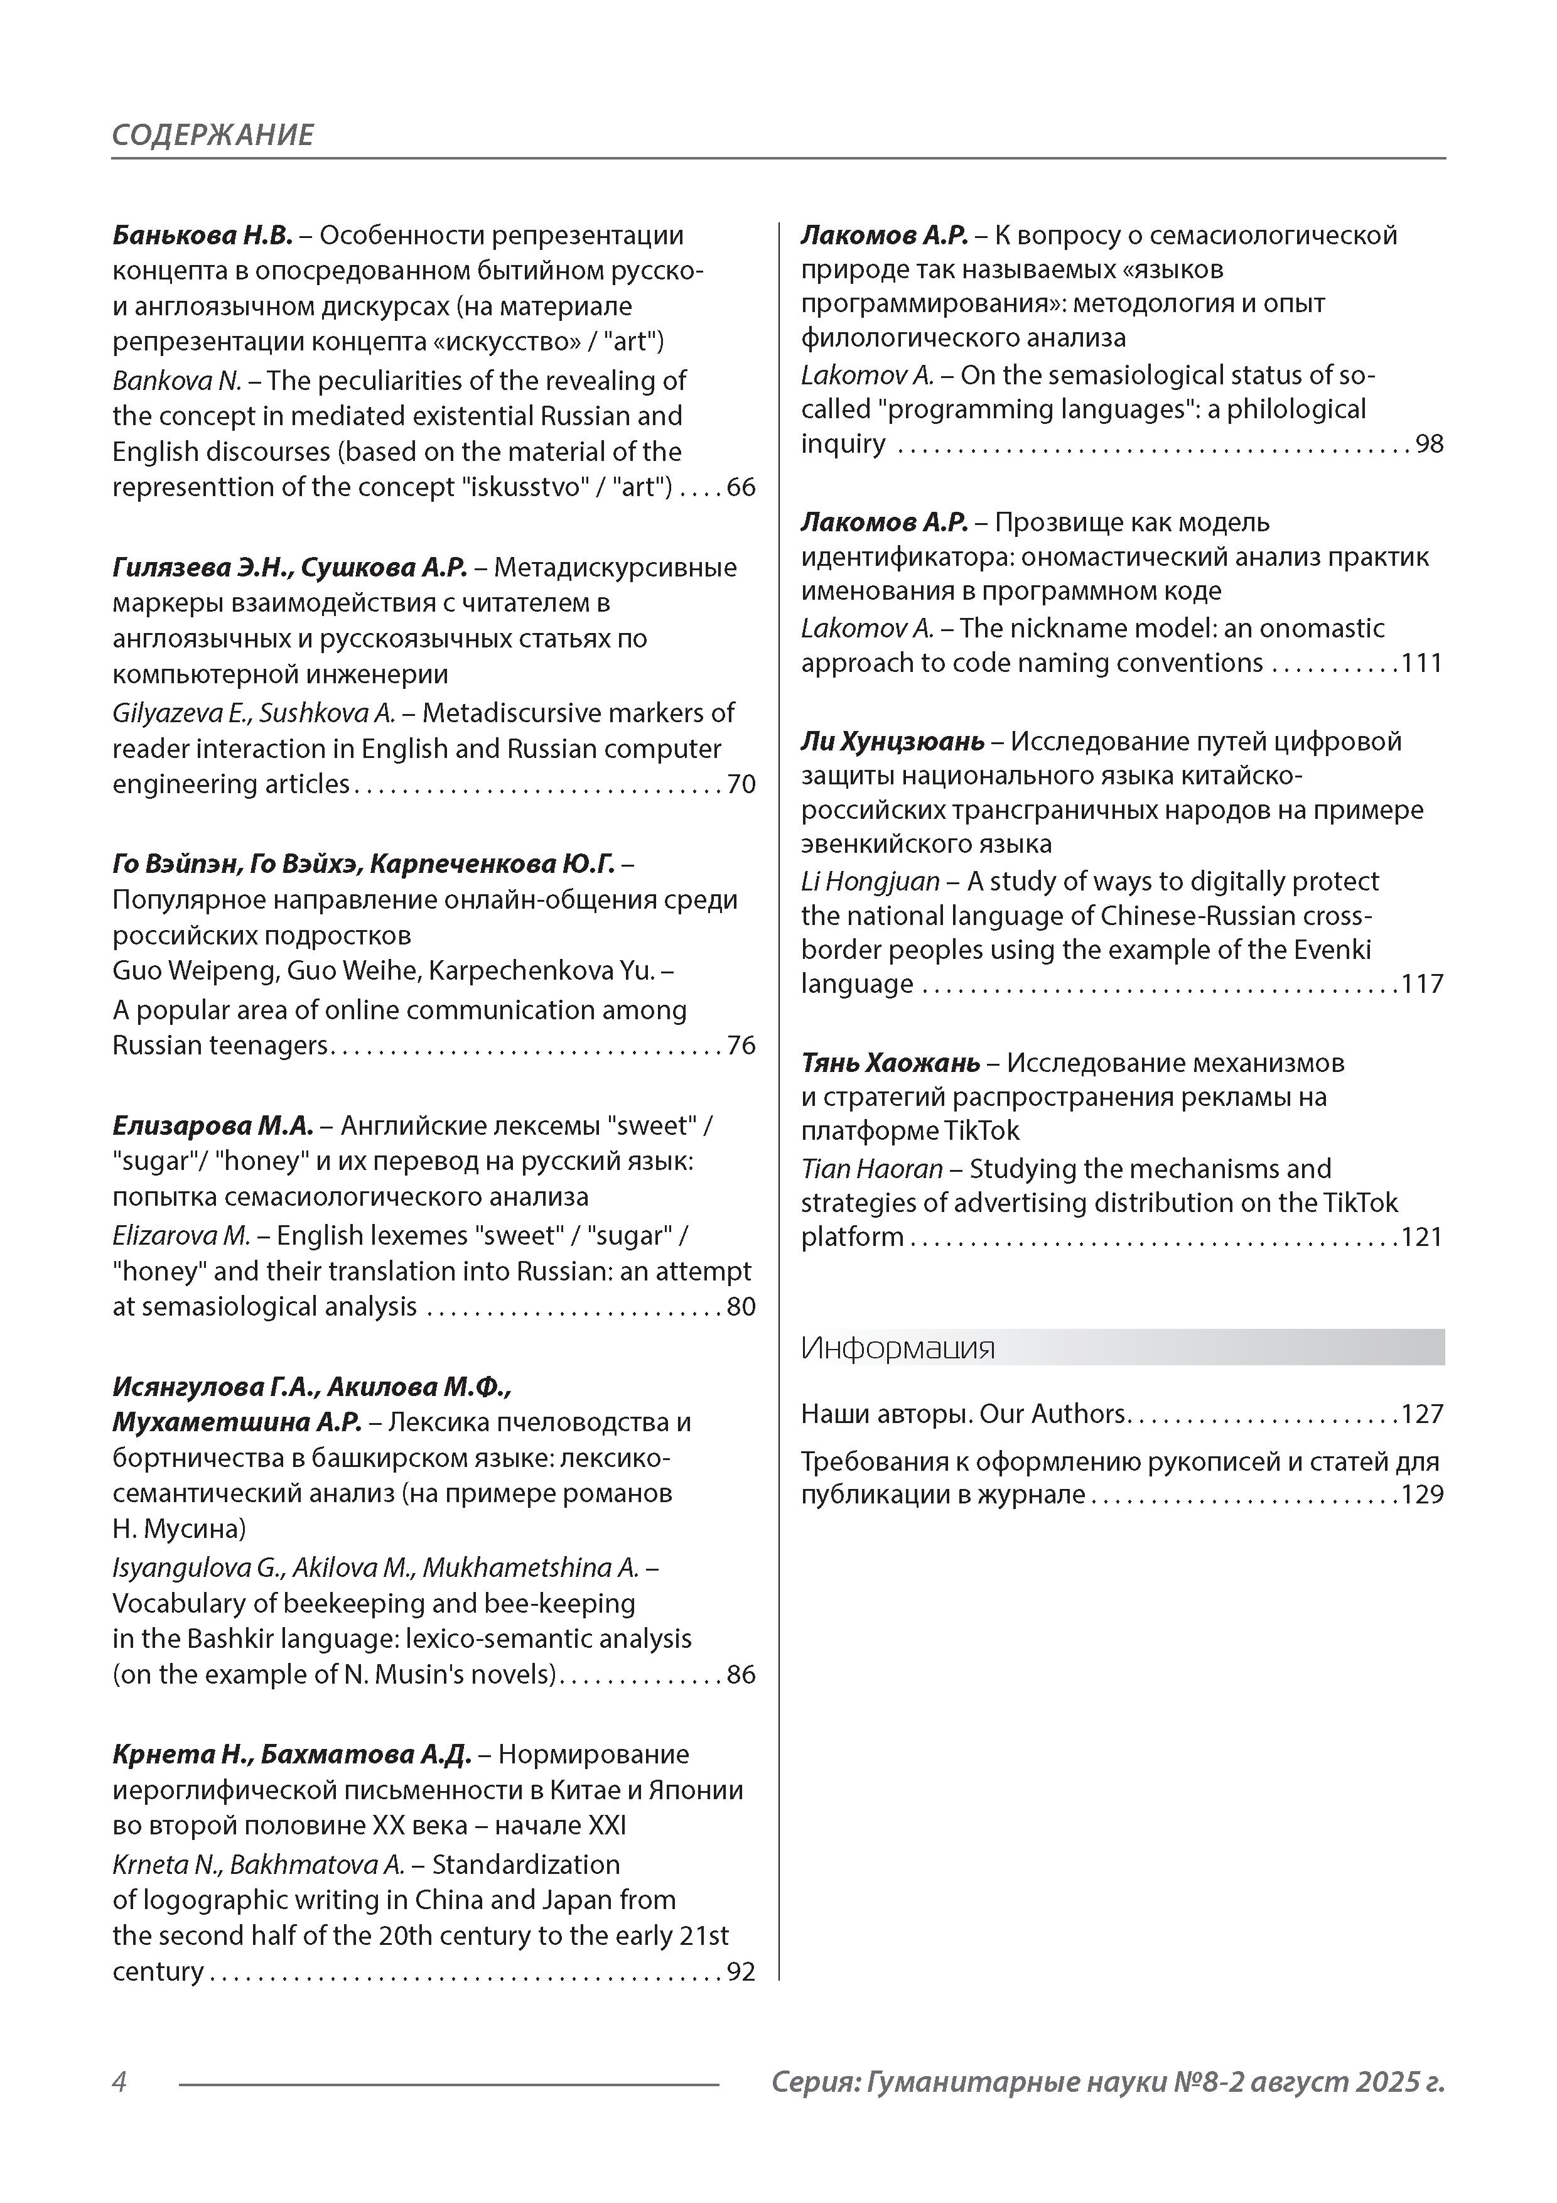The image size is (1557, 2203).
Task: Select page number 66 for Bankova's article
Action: pos(741,487)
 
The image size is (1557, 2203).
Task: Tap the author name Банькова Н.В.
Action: pos(202,235)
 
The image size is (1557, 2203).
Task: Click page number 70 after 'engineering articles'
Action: pos(741,785)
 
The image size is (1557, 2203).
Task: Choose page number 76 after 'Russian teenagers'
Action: pos(741,1046)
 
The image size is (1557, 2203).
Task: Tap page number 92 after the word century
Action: pos(741,1973)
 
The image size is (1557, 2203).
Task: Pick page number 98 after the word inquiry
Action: pos(1430,444)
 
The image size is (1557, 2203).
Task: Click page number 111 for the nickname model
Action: pos(1422,664)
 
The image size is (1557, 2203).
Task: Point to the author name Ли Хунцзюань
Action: pos(892,742)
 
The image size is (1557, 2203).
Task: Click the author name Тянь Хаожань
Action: pos(890,1063)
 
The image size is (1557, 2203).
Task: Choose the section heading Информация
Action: pos(898,1348)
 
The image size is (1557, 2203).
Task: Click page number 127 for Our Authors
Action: pos(1422,1414)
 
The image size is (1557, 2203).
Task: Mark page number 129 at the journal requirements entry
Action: pos(1422,1495)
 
